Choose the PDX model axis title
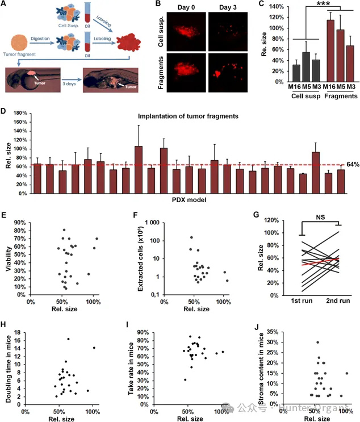pos(190,200)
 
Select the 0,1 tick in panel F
pos(149,295)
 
